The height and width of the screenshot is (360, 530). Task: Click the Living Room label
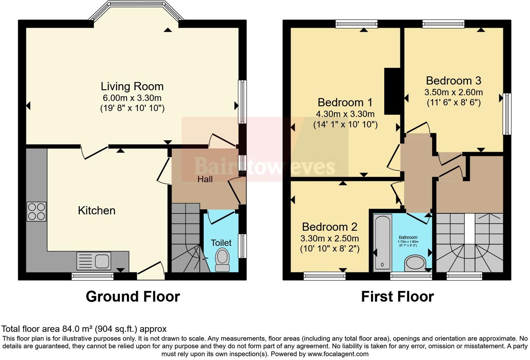132,86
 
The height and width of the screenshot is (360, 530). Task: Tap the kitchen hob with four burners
36,211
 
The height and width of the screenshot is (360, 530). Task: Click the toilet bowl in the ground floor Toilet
222,257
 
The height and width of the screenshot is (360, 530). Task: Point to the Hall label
205,179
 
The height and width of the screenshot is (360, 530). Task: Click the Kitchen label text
97,210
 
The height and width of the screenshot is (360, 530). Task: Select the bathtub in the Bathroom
382,242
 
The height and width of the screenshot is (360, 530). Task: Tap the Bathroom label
408,237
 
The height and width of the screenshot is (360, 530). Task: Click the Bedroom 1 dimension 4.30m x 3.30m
345,114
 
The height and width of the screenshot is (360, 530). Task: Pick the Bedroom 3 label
453,81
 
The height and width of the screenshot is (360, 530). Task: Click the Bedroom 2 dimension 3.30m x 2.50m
330,238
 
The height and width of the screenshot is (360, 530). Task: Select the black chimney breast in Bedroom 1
392,91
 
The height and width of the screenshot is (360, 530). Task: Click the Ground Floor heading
133,297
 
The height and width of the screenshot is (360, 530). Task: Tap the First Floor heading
397,297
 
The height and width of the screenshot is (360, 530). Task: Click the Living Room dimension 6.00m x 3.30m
132,98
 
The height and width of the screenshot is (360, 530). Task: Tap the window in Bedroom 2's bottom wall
324,276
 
